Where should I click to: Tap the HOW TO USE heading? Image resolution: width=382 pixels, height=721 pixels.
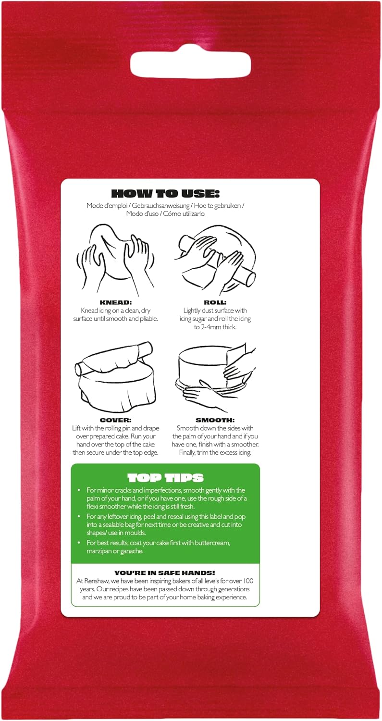[165, 194]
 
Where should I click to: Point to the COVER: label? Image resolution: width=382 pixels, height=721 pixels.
[115, 420]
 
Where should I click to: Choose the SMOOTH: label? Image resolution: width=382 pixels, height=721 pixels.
[215, 420]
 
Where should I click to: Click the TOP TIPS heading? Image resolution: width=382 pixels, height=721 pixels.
[165, 478]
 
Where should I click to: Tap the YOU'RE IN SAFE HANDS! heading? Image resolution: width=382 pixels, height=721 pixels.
[165, 573]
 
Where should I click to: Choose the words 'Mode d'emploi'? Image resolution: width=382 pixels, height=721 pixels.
[105, 206]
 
